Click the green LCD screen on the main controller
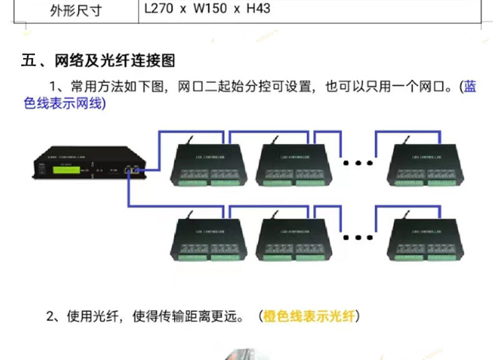pyautogui.click(x=66, y=168)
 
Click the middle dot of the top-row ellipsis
pyautogui.click(x=358, y=163)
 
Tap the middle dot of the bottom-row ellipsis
pyautogui.click(x=358, y=237)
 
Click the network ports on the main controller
pyautogui.click(x=133, y=169)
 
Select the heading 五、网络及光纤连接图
pyautogui.click(x=98, y=61)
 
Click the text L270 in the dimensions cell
pyautogui.click(x=159, y=10)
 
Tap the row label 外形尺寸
pyautogui.click(x=75, y=11)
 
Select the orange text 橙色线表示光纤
pyautogui.click(x=309, y=317)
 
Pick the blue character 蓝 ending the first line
pyautogui.click(x=469, y=87)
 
